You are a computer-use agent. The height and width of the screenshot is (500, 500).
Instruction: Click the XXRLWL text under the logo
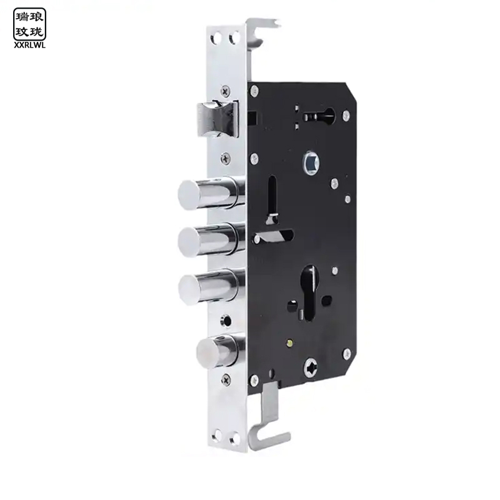[29, 46]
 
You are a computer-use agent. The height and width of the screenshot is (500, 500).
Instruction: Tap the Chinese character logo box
[29, 24]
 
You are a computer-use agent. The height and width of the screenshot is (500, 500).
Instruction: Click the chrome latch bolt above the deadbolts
[217, 119]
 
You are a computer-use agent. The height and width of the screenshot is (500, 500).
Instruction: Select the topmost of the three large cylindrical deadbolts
[211, 193]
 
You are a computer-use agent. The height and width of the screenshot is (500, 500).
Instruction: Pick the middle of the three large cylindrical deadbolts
[211, 240]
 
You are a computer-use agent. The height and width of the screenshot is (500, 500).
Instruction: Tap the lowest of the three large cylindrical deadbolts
[211, 287]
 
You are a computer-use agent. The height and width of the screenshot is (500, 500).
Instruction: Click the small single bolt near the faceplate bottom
[220, 351]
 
